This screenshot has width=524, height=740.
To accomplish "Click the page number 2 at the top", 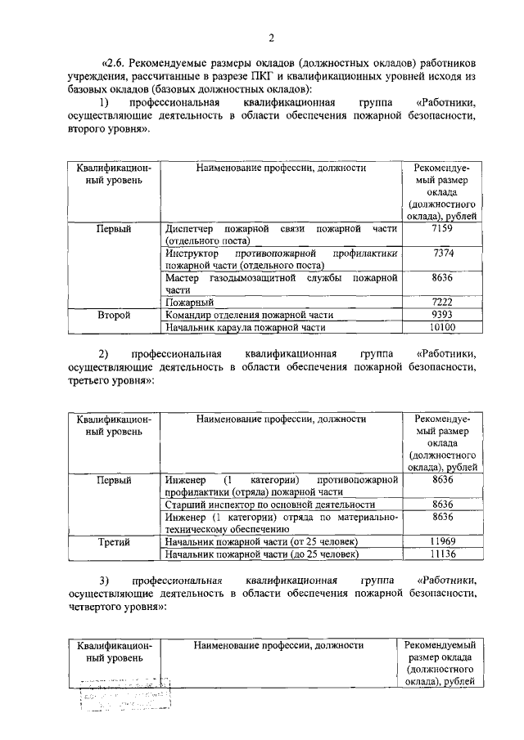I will click(271, 36).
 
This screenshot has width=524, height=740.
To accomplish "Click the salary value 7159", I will click(442, 228).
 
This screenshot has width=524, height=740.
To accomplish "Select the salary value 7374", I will click(442, 254).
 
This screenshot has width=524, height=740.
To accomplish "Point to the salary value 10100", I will click(442, 327).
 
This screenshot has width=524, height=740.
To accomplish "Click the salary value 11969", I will click(442, 541).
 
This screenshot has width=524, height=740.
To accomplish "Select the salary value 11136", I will click(442, 554).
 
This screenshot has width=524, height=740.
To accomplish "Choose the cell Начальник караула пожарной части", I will click(245, 327).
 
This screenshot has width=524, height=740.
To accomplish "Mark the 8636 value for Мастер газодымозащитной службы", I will click(442, 278).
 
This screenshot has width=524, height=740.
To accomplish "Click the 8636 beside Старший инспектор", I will click(442, 505).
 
